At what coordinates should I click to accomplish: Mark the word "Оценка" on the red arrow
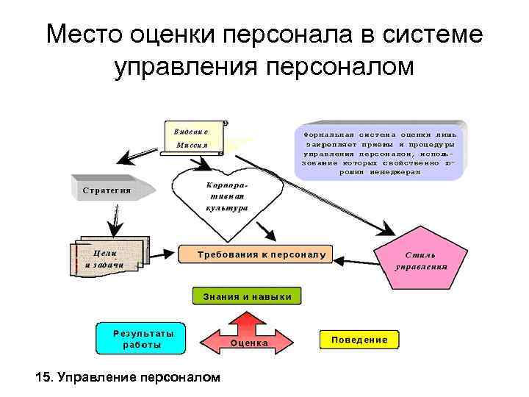249,343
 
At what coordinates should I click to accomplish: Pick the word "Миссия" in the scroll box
192,145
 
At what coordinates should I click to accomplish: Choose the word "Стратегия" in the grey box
107,190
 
